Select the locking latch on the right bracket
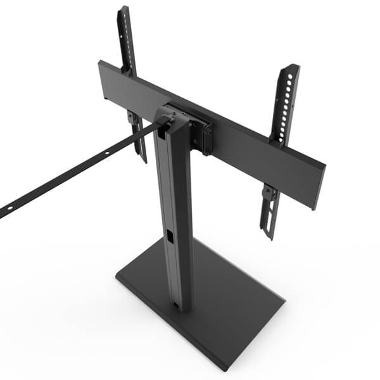(269, 193)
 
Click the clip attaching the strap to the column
(163, 120)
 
